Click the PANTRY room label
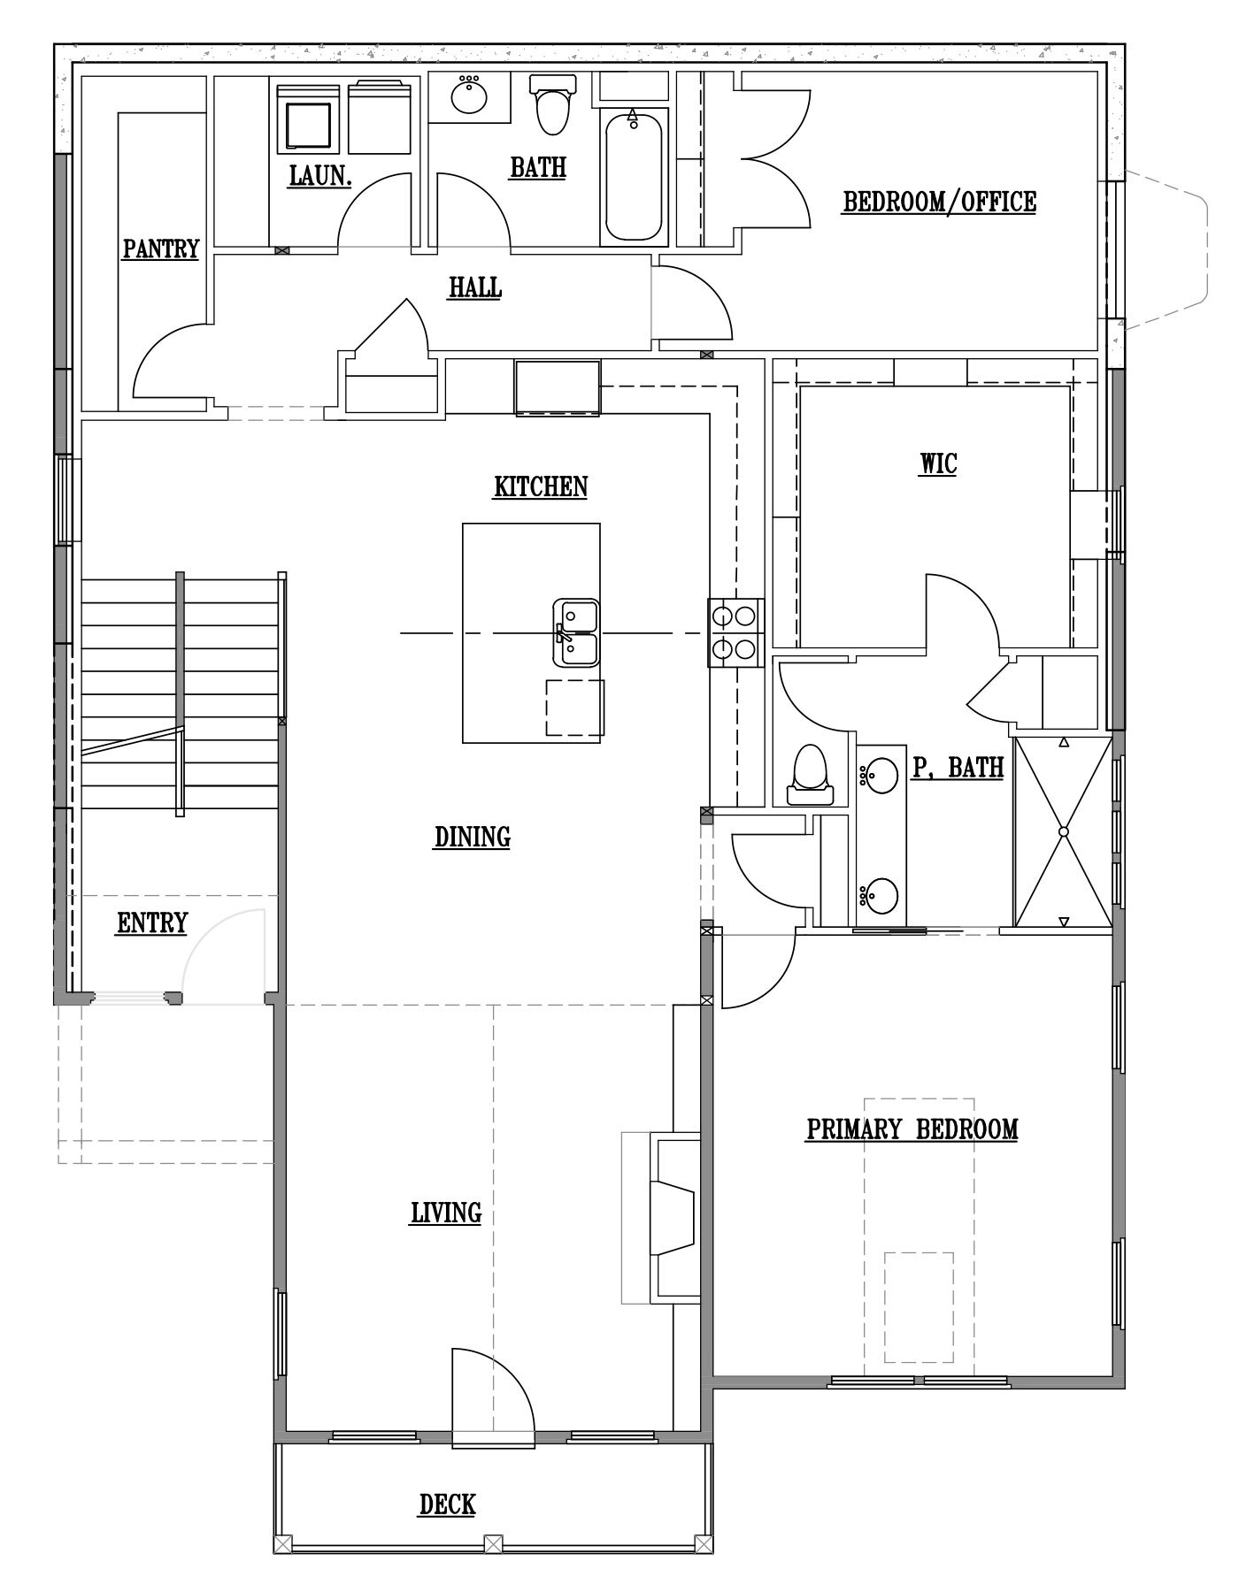pyautogui.click(x=161, y=249)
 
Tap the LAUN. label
pyautogui.click(x=320, y=175)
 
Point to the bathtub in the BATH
pyautogui.click(x=633, y=175)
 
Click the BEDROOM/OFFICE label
pyautogui.click(x=939, y=202)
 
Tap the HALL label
pyautogui.click(x=475, y=287)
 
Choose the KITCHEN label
pyautogui.click(x=541, y=486)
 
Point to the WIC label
pyautogui.click(x=938, y=463)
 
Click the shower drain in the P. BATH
pyautogui.click(x=1064, y=832)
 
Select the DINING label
pyautogui.click(x=473, y=837)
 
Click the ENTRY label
pyautogui.click(x=152, y=923)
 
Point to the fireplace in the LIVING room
pyautogui.click(x=674, y=1220)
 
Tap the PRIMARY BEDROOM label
pyautogui.click(x=912, y=1129)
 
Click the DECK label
pyautogui.click(x=448, y=1504)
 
